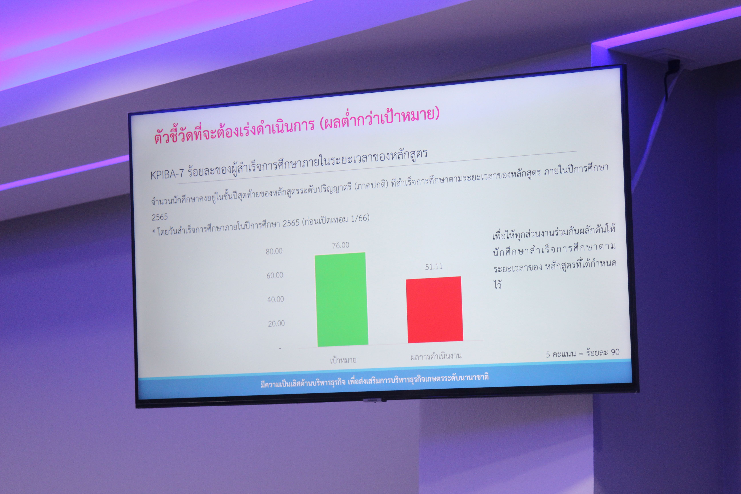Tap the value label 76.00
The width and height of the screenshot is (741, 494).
coord(341,245)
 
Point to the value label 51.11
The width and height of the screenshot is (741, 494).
coord(434,267)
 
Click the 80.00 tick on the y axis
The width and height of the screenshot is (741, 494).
coord(274,251)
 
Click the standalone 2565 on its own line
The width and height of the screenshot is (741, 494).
coord(160,217)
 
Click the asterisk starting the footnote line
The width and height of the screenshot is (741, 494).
coord(153,232)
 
